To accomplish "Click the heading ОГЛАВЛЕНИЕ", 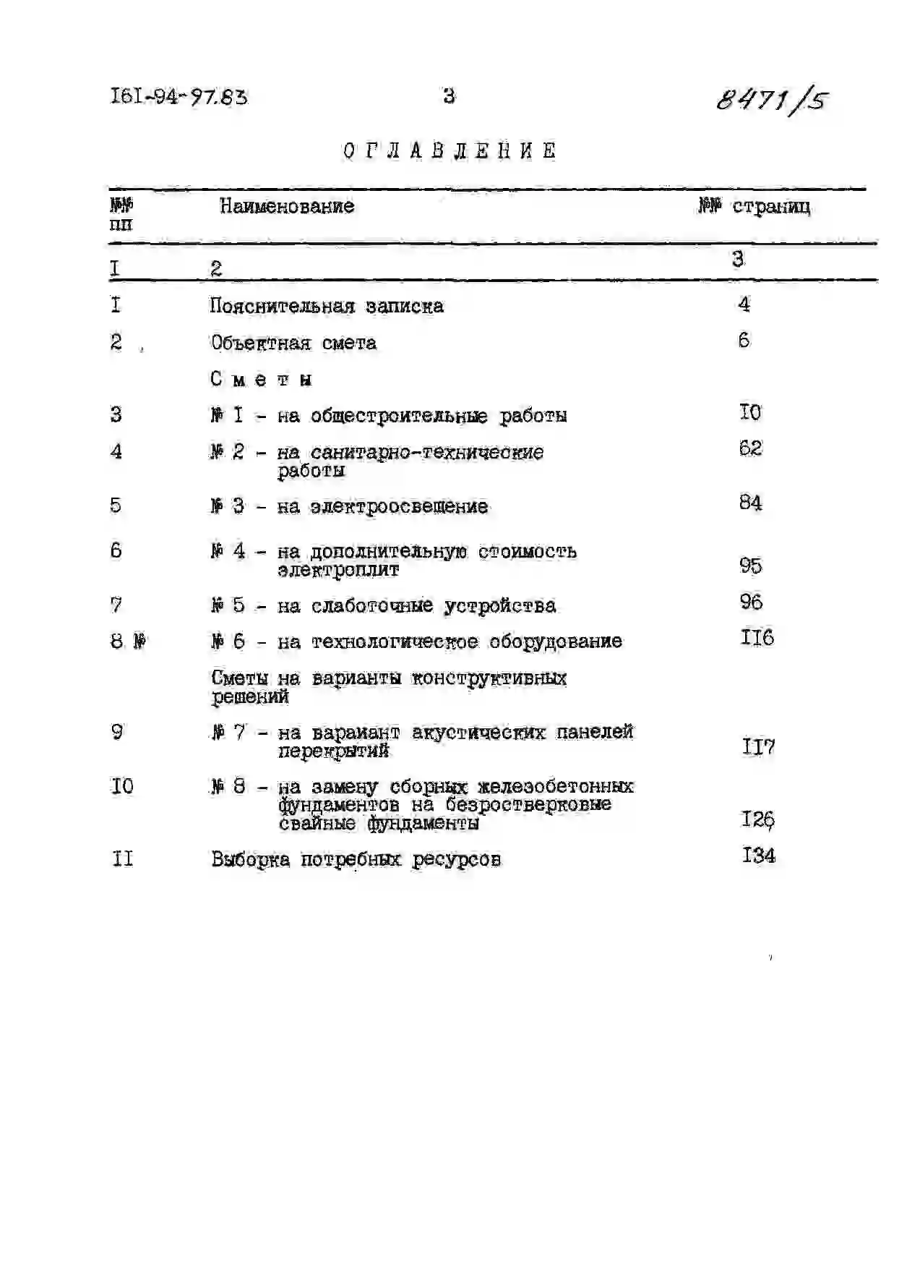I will point(450,151).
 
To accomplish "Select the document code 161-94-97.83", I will point(178,96).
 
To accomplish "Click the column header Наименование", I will point(287,206).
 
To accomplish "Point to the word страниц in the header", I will point(771,207).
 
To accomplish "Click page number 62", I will point(750,448).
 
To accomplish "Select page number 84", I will point(750,503).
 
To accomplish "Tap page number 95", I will point(751,565).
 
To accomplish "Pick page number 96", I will point(751,602).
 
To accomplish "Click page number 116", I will point(757,638).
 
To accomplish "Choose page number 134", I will point(758,856).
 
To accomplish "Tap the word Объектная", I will point(260,343).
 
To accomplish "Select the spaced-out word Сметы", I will point(262,379).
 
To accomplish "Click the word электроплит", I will point(338,570).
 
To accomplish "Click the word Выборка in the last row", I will point(250,860).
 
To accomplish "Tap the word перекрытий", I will point(333,751).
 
